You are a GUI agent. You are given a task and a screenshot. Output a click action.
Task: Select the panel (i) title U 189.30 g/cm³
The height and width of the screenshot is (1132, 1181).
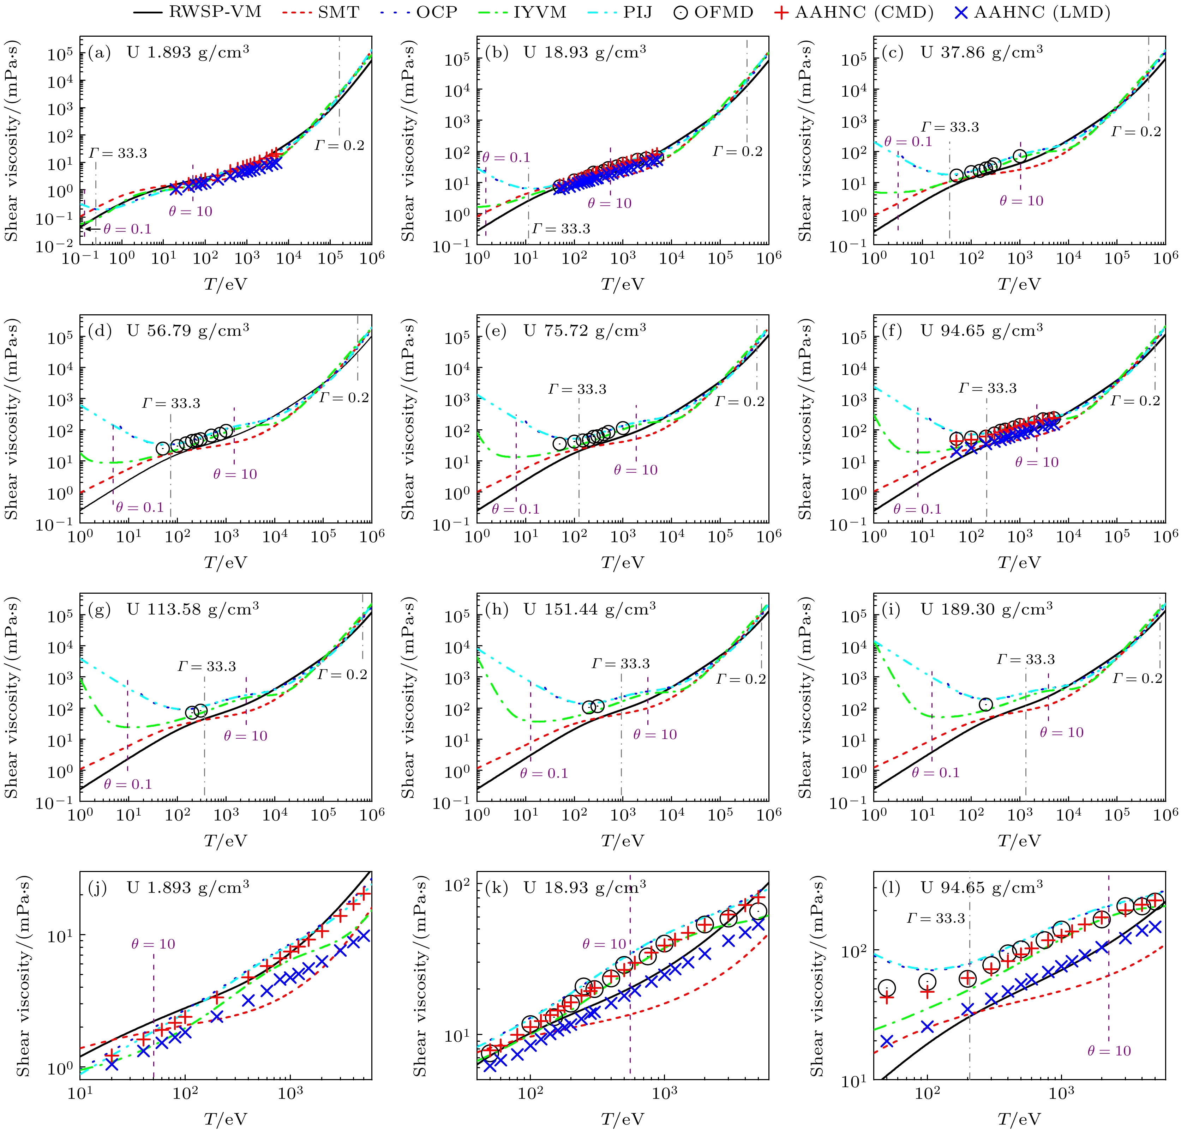(x=987, y=609)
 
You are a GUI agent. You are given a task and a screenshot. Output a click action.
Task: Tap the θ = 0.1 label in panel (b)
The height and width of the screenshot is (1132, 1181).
(x=506, y=158)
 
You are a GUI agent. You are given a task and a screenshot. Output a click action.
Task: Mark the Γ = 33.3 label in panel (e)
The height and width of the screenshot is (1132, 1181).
(x=577, y=389)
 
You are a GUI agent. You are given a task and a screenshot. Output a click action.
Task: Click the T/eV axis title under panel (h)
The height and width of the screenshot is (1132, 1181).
(x=622, y=841)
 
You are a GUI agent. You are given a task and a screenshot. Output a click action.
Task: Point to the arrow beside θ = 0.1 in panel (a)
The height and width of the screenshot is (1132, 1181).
(x=92, y=229)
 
